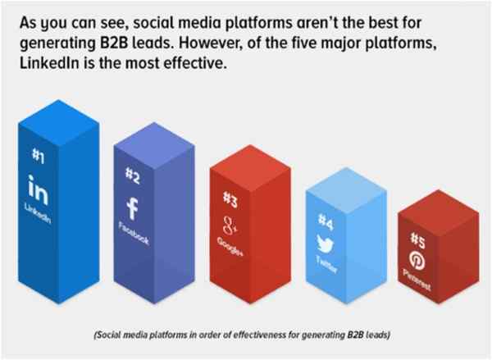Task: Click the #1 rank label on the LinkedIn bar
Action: [x=38, y=156]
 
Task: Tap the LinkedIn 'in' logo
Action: [x=38, y=190]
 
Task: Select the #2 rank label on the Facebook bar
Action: [x=132, y=175]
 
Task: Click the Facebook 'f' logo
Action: [x=132, y=208]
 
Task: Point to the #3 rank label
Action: [x=230, y=199]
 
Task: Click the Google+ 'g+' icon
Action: [x=230, y=226]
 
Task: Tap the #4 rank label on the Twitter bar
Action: [x=326, y=221]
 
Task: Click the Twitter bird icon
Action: [x=325, y=244]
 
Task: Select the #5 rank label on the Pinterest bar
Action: [x=417, y=240]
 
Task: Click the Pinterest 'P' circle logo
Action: [x=417, y=261]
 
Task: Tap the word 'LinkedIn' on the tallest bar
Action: [x=38, y=213]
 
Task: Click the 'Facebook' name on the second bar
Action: [x=134, y=233]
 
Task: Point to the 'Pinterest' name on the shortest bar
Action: [x=417, y=280]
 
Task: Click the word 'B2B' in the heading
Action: [x=114, y=43]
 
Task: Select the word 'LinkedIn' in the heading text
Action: [x=49, y=63]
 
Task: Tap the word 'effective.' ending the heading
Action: [x=195, y=63]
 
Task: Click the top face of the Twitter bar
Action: [x=346, y=190]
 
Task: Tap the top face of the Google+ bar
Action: [x=250, y=167]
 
